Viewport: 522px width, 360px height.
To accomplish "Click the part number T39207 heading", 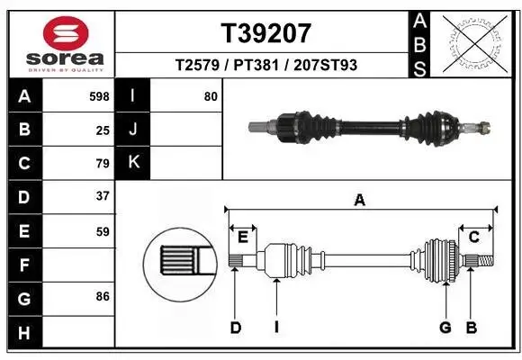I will point(266,33).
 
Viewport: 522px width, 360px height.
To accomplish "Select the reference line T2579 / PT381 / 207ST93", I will point(266,65).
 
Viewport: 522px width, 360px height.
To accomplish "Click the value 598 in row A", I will point(100,96).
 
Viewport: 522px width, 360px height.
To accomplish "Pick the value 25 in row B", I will point(103,130).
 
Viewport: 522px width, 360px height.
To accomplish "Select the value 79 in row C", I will point(103,163).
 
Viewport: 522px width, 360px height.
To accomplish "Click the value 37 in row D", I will point(103,196).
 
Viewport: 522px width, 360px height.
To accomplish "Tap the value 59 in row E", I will point(103,230).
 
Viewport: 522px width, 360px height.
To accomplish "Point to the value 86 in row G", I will point(103,295).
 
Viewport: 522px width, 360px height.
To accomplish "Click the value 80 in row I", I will point(211,96).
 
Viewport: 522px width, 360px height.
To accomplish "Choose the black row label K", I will point(133,163).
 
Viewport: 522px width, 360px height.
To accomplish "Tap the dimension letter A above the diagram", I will point(359,201).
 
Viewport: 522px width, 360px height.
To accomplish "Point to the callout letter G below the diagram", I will point(445,328).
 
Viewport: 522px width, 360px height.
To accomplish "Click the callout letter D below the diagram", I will point(235,328).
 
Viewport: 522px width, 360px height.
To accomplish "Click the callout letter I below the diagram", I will point(276,328).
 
